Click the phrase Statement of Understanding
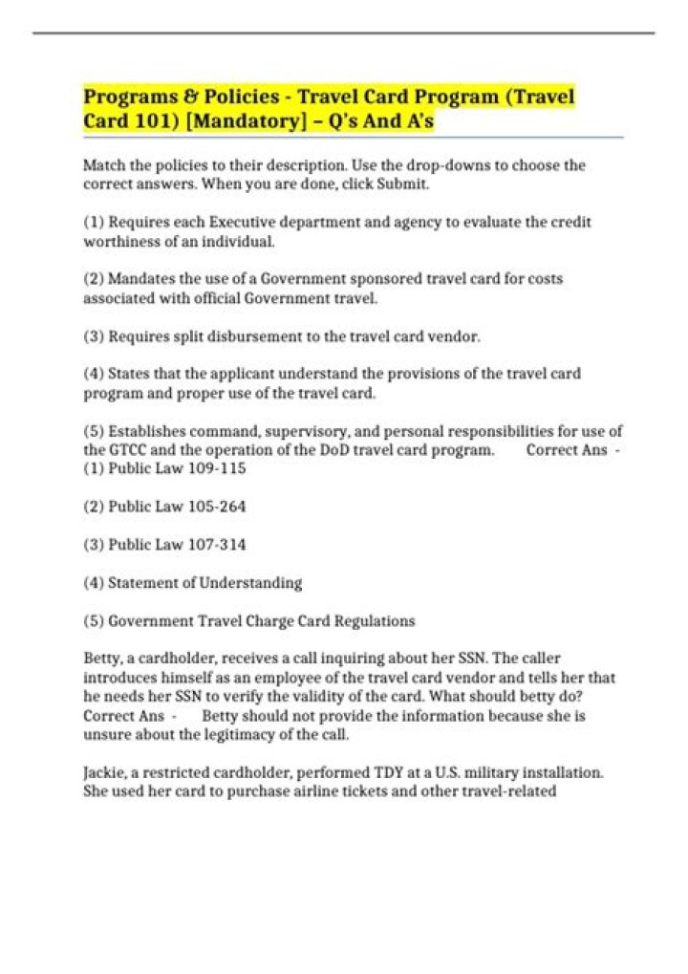pyautogui.click(x=204, y=582)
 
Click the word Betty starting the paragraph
pyautogui.click(x=102, y=659)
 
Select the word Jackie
pyautogui.click(x=104, y=772)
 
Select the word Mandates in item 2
pyautogui.click(x=139, y=279)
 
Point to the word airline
pyautogui.click(x=339, y=791)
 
